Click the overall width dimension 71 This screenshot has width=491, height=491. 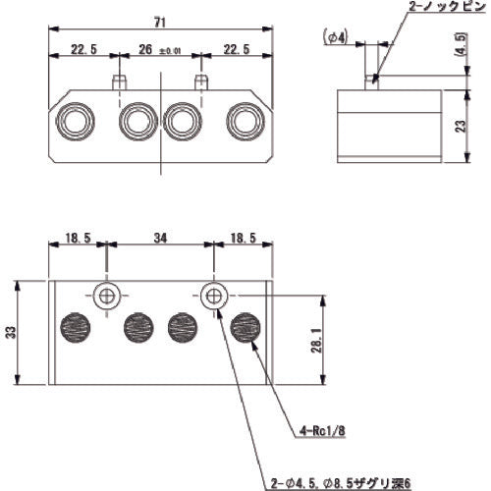(160, 22)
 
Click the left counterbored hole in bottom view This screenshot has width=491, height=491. (106, 294)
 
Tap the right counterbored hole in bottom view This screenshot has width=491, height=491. (214, 294)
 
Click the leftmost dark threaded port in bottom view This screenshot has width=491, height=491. (76, 326)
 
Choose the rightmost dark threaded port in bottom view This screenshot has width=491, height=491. (244, 326)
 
